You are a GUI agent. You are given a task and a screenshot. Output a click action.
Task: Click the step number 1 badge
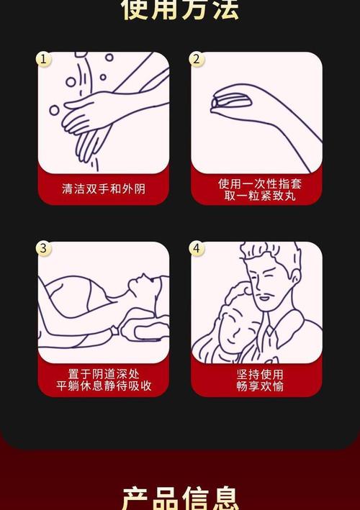[x=44, y=59]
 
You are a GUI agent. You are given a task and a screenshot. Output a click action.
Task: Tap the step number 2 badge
[x=197, y=59]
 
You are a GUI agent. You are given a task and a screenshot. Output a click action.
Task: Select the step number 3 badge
[x=44, y=249]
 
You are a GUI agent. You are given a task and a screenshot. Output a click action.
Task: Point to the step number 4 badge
[x=197, y=249]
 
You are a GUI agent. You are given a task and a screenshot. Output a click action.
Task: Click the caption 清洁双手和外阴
[x=104, y=189]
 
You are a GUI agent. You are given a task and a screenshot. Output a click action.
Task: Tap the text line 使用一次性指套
[x=256, y=183]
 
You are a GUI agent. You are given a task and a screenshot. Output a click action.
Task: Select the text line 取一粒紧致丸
[x=256, y=196]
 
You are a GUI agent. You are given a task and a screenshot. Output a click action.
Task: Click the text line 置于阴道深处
[x=104, y=373]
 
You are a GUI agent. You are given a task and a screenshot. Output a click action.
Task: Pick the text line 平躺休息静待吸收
[x=104, y=386]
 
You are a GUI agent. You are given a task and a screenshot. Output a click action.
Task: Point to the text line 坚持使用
[x=256, y=373]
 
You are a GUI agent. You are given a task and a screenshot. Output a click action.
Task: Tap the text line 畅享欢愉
[x=256, y=386]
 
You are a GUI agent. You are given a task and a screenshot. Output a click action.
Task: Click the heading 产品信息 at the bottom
[x=180, y=498]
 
